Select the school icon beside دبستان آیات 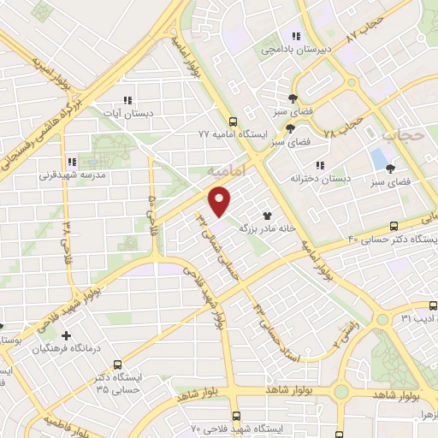tap(128, 100)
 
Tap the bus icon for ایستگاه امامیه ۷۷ tap(234, 122)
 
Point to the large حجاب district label tap(403, 135)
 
